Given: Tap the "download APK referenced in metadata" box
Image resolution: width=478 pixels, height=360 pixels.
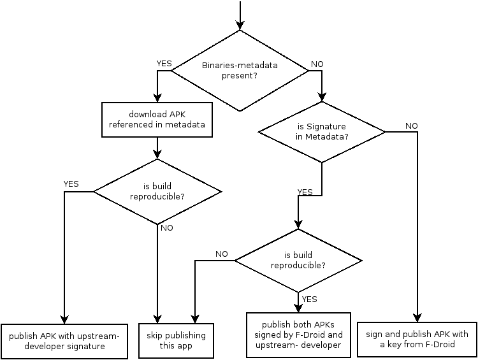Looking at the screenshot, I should click(157, 120).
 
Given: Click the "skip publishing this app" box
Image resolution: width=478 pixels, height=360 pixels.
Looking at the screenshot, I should click(176, 341).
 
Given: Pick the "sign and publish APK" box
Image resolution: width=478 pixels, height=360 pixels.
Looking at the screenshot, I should click(417, 340).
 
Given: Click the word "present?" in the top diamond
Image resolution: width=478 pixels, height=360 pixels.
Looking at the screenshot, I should click(240, 76).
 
